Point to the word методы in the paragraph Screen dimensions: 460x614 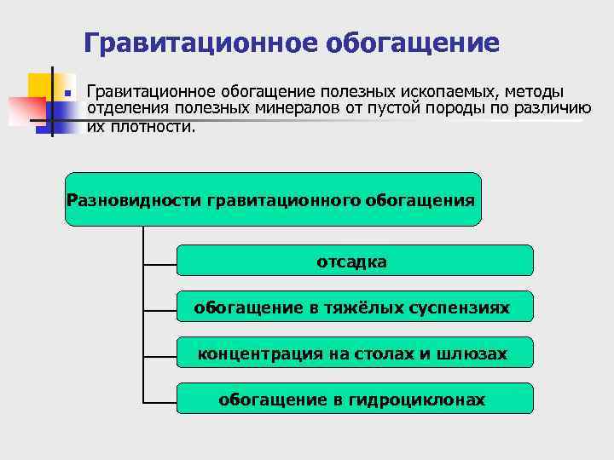click(x=535, y=91)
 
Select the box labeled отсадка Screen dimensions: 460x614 click(x=354, y=262)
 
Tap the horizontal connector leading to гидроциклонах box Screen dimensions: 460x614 click(x=159, y=401)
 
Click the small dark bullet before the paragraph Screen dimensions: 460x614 click(x=68, y=91)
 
